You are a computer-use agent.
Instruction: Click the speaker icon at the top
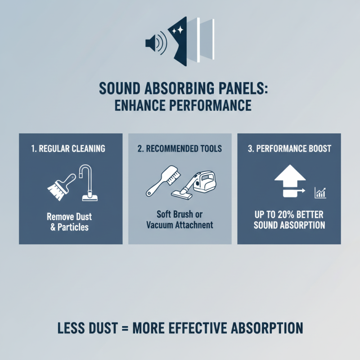(155, 43)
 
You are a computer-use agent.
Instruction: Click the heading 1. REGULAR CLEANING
(71, 148)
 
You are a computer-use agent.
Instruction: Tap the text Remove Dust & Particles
(71, 221)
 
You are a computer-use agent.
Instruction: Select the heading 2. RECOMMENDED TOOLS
(180, 148)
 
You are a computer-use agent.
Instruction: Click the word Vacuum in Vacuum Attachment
(162, 225)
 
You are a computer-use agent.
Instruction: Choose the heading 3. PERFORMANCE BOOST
(289, 148)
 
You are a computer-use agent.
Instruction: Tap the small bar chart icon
(320, 193)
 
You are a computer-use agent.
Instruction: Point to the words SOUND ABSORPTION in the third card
(289, 225)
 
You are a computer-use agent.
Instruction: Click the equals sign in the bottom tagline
(130, 328)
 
